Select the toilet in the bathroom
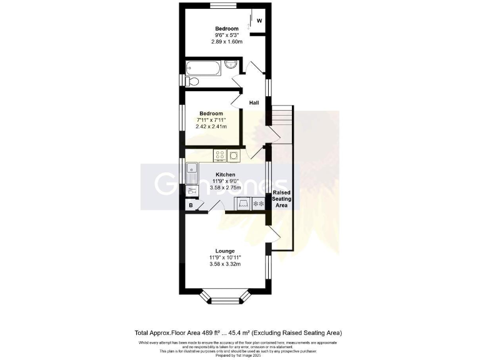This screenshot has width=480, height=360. pos(191,81)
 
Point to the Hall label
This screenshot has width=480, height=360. pos(254,102)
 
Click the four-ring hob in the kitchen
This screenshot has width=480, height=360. pos(219,156)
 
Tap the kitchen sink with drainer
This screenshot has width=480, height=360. pos(192,172)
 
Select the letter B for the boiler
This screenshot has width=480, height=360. pos(190,205)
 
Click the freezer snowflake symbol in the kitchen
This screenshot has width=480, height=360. pos(259,204)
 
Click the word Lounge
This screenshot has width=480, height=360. pos(225,251)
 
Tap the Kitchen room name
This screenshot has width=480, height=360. pos(225,174)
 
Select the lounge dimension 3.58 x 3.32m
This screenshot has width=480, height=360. pos(225,264)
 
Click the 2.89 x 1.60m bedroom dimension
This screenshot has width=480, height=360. pos(227,42)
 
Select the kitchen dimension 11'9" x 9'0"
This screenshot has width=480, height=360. pos(225,181)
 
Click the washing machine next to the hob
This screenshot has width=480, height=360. pos(234,156)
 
